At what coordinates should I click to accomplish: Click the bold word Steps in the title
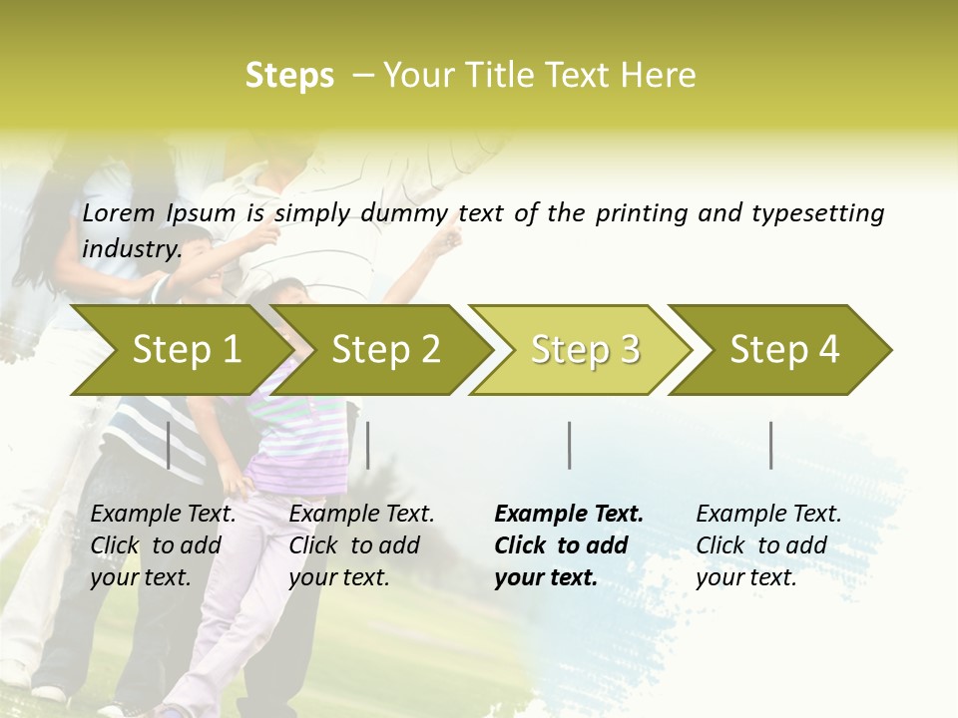[x=289, y=76]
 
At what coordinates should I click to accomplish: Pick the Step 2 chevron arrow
[x=385, y=350]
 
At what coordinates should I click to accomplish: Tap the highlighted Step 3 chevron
[x=585, y=350]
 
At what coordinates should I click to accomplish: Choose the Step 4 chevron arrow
[x=784, y=350]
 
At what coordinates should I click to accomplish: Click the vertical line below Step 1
[x=169, y=445]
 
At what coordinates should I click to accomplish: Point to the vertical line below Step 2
[x=368, y=445]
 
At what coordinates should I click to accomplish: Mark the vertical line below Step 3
[x=569, y=445]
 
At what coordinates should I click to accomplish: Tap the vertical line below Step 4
[x=770, y=445]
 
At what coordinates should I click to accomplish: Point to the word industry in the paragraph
[x=131, y=249]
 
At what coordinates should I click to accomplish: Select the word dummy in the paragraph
[x=408, y=213]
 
